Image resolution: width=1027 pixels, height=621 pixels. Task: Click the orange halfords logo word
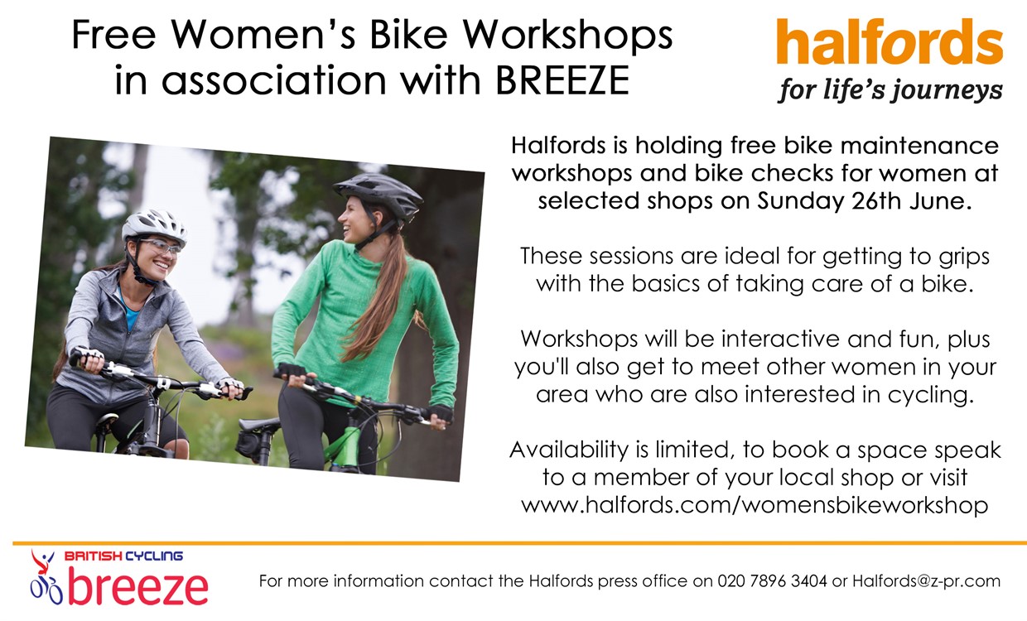pos(890,41)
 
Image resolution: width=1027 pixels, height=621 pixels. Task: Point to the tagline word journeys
pos(946,90)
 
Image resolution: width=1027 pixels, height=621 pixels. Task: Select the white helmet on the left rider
pos(155,226)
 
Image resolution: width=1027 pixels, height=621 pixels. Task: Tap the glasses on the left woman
pos(161,247)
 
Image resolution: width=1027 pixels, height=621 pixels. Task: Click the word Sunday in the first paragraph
pos(799,202)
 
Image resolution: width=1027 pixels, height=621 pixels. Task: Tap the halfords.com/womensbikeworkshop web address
pos(755,505)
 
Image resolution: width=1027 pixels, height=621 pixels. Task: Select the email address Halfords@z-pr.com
pos(926,581)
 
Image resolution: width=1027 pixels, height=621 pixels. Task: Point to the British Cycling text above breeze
pos(123,556)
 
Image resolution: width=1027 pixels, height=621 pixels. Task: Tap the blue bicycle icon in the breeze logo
pos(46,591)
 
